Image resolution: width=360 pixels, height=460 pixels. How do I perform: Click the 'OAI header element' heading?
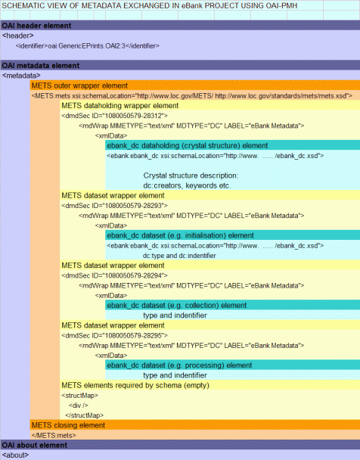pos(36,26)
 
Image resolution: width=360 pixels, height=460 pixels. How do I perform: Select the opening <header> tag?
pos(17,36)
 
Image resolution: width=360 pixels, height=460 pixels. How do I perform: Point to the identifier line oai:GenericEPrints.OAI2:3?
pos(88,45)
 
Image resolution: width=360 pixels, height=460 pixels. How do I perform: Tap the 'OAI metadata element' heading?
pos(40,65)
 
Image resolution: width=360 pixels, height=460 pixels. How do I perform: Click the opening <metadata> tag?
pos(21,76)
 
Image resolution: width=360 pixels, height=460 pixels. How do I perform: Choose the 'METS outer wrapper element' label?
pos(79,85)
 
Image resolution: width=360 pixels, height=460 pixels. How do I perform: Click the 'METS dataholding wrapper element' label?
pos(120,106)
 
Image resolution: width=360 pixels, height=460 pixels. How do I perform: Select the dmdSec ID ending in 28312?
pos(115,116)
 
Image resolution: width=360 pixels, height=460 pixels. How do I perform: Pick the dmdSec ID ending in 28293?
pos(115,205)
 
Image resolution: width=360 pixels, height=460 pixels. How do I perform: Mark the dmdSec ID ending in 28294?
pos(115,275)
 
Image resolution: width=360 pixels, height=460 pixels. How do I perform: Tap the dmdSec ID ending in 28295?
pos(115,335)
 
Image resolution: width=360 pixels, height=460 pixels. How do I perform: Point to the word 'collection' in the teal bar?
pos(202,306)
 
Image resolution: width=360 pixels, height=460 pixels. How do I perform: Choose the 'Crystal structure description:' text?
pos(191,176)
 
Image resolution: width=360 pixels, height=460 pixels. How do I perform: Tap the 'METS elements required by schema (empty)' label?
pos(135,385)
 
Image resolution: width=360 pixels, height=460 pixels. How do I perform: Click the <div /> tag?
pos(79,405)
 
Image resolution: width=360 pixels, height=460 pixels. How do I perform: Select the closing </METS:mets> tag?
pos(54,435)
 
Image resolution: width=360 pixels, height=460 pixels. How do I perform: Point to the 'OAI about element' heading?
pos(35,445)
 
